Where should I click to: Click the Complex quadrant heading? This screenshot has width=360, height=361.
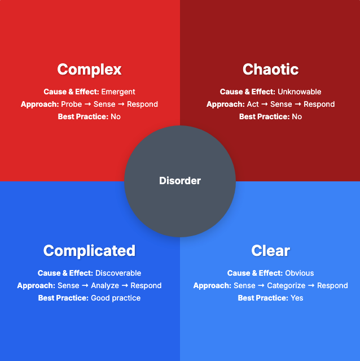89,69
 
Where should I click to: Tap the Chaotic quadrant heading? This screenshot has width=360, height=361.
270,69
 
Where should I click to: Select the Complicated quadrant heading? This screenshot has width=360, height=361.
89,251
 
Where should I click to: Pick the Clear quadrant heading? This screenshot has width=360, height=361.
270,251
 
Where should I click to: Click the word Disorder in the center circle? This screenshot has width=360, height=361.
180,181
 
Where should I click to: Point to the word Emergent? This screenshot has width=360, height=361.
118,92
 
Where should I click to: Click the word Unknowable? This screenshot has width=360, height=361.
299,92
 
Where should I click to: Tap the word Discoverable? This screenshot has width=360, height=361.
118,273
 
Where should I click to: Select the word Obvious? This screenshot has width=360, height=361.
300,273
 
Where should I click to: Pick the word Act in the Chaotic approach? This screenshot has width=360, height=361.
253,104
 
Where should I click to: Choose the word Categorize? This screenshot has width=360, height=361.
287,285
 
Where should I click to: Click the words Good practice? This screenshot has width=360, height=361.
116,298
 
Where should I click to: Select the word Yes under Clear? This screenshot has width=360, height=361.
297,298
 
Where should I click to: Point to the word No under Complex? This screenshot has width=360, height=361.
116,116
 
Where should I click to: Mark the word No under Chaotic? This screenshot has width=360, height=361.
297,116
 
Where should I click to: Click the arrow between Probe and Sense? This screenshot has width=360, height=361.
87,104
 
